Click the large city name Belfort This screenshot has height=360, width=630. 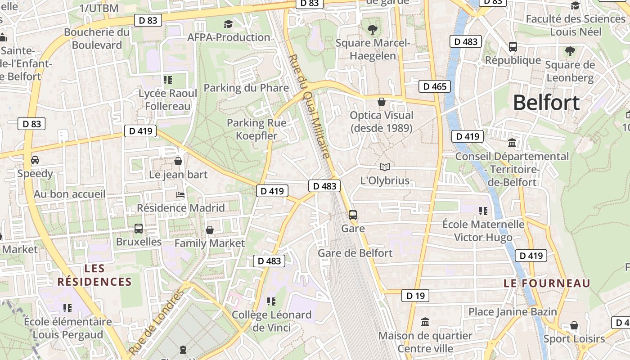pos(546,103)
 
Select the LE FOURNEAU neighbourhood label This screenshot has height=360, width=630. pos(547,283)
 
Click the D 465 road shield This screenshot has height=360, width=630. pos(434,86)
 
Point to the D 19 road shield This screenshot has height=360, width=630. pos(415,296)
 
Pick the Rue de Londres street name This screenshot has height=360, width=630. pos(156,321)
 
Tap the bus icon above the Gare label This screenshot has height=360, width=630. pos(353,215)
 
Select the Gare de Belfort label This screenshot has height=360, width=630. pos(355,253)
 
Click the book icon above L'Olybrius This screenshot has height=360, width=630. pos(384,167)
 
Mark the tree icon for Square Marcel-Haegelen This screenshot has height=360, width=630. pos(372,30)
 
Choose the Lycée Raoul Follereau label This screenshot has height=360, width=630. pos(168,100)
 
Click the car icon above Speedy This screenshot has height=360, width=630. pos(35,160)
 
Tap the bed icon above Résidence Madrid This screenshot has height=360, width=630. pos(180,195)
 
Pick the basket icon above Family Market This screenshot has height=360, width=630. pos(210,230)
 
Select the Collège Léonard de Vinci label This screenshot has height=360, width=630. pos(271,321)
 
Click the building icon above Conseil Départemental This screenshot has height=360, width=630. pos(512,143)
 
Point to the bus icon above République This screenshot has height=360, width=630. pos(513,46)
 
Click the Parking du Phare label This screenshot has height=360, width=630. pos(246,88)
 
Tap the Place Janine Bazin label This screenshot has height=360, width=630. pos(513,311)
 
